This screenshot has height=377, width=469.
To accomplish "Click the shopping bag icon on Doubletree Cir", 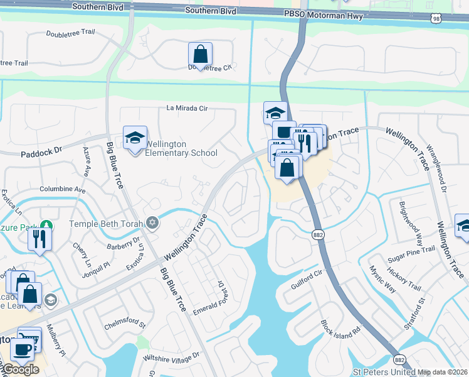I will point(201,54).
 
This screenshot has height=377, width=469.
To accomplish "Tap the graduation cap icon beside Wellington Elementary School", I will point(135,138).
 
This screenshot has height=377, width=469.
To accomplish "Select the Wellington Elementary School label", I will point(181,148).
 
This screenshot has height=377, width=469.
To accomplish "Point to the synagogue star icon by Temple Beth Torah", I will point(152,222).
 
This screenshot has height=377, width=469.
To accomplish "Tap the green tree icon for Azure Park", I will point(45,224).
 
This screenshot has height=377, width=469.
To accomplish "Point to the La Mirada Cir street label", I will point(187,107).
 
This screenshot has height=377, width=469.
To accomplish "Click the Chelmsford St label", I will point(124,325).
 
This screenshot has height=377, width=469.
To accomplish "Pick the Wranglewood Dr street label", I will point(439,170).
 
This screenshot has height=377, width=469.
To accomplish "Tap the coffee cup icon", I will point(22,349).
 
